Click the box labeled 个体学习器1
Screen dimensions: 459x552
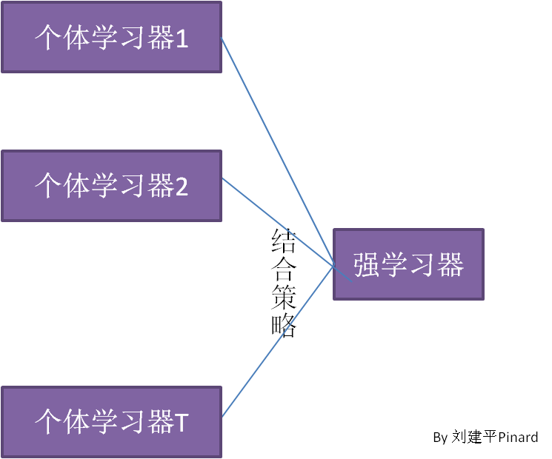click(111, 37)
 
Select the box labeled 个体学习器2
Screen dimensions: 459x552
click(111, 185)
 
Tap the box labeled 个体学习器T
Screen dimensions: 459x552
click(111, 422)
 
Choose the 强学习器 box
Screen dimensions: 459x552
click(408, 264)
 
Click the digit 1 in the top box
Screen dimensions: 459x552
click(182, 38)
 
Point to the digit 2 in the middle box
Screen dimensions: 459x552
click(182, 187)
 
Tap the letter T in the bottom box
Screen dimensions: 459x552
click(182, 423)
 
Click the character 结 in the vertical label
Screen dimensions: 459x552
click(284, 241)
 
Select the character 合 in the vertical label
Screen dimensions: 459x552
click(284, 269)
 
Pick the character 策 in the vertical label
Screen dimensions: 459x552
click(284, 298)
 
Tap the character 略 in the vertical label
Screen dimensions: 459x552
click(284, 326)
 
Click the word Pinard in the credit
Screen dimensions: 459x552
click(518, 438)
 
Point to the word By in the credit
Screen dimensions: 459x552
click(440, 438)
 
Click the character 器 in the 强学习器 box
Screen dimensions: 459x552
click(450, 264)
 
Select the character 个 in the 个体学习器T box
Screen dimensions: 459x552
click(48, 423)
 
